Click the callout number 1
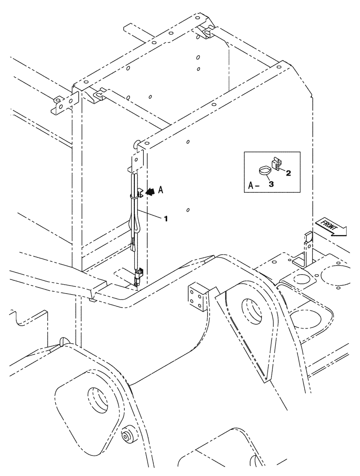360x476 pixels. coord(166,218)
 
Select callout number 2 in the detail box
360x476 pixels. coord(289,174)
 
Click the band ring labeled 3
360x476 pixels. coord(263,170)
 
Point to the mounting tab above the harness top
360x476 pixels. coord(137,159)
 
